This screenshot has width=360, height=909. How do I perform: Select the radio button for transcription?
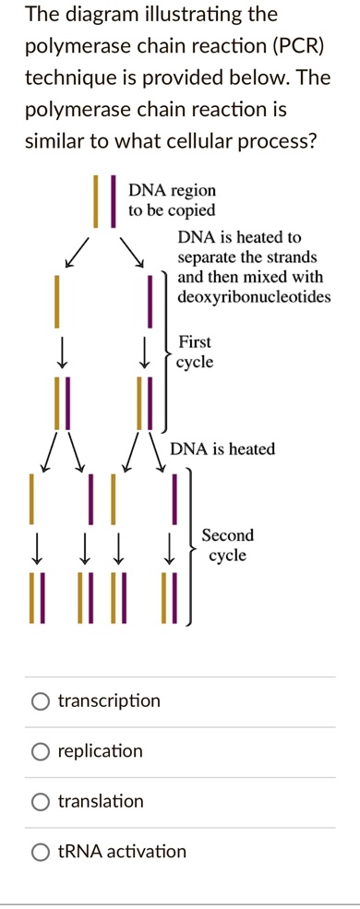(x=41, y=702)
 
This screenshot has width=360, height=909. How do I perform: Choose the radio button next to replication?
(x=41, y=752)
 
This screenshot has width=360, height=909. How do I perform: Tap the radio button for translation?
(x=41, y=802)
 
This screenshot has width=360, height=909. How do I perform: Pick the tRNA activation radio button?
(x=41, y=852)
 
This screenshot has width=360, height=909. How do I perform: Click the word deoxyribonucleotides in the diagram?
(x=253, y=297)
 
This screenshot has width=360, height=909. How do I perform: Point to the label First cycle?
(x=196, y=352)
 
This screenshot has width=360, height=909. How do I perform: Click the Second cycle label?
(x=227, y=545)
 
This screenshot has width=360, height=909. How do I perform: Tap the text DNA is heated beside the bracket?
(x=222, y=449)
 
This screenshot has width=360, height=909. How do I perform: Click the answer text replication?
(x=100, y=752)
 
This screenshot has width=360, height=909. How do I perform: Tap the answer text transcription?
(x=109, y=702)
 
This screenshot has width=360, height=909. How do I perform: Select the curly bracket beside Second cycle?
(x=191, y=546)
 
